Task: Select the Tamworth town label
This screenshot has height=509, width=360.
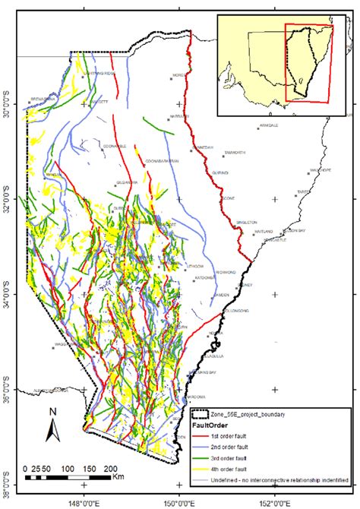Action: pyautogui.click(x=235, y=153)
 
